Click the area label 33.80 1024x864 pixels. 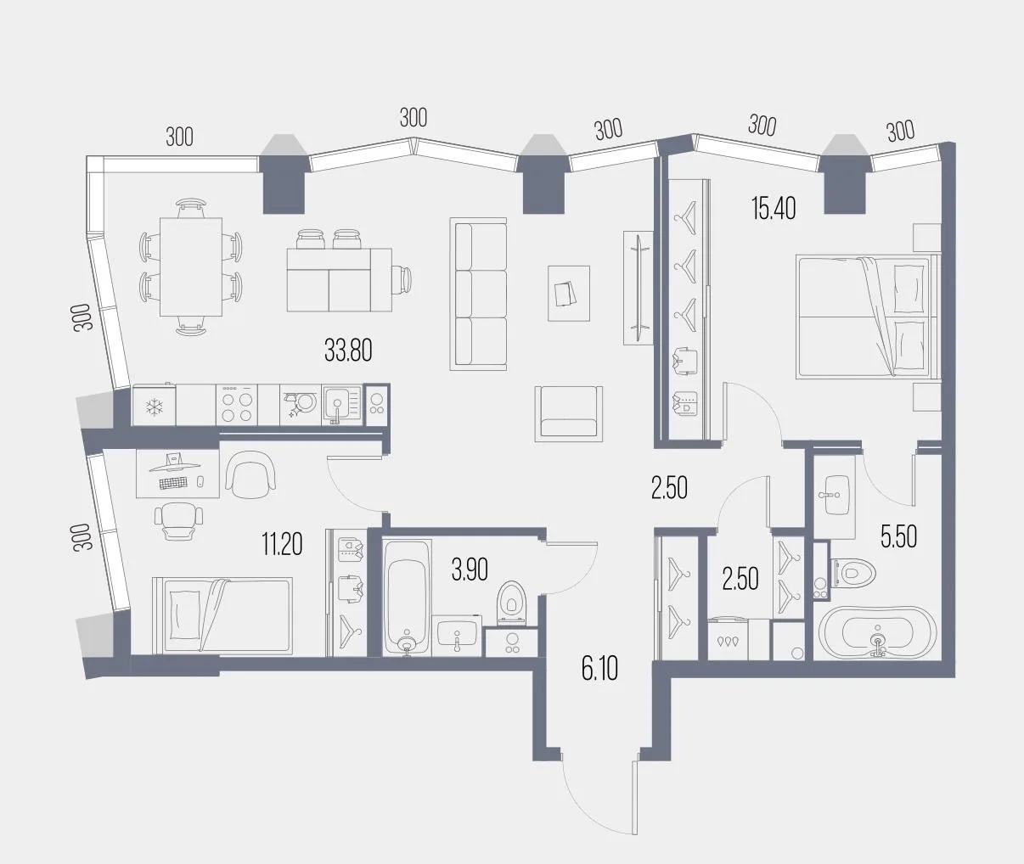pyautogui.click(x=348, y=351)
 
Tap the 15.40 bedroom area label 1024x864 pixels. pyautogui.click(x=774, y=209)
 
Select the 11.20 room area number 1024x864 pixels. pyautogui.click(x=282, y=544)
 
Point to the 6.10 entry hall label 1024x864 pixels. pyautogui.click(x=599, y=670)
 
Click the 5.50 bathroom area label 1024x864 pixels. pyautogui.click(x=898, y=537)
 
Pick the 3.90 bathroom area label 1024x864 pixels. pyautogui.click(x=470, y=570)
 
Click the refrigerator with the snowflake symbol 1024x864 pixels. pyautogui.click(x=154, y=406)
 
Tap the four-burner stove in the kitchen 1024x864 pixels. pyautogui.click(x=237, y=406)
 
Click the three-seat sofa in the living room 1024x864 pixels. pyautogui.click(x=478, y=295)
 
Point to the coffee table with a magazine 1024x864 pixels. pyautogui.click(x=569, y=293)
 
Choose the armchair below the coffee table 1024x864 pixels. pyautogui.click(x=569, y=414)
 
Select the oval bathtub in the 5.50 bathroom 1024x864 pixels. pyautogui.click(x=877, y=632)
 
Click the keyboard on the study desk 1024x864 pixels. pyautogui.click(x=173, y=483)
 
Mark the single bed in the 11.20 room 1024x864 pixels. pyautogui.click(x=222, y=616)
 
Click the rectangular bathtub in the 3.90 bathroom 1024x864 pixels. pyautogui.click(x=407, y=598)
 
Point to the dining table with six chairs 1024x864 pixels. pyautogui.click(x=191, y=267)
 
